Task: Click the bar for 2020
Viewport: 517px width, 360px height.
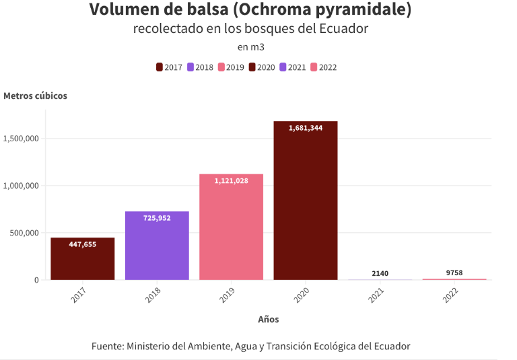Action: pyautogui.click(x=305, y=202)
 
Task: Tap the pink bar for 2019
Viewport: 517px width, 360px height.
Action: pyautogui.click(x=231, y=229)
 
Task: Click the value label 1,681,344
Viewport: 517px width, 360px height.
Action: pyautogui.click(x=305, y=128)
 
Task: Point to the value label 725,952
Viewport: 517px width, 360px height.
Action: pyautogui.click(x=157, y=218)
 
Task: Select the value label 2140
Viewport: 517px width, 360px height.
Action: pyautogui.click(x=380, y=273)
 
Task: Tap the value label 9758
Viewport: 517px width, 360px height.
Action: pyautogui.click(x=454, y=273)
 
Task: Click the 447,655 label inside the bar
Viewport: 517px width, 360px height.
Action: pyautogui.click(x=83, y=244)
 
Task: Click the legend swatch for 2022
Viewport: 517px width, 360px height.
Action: pyautogui.click(x=314, y=67)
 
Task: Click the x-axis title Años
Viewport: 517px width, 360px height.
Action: pyautogui.click(x=268, y=320)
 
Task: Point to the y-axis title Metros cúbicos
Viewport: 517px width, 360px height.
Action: pyautogui.click(x=35, y=96)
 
